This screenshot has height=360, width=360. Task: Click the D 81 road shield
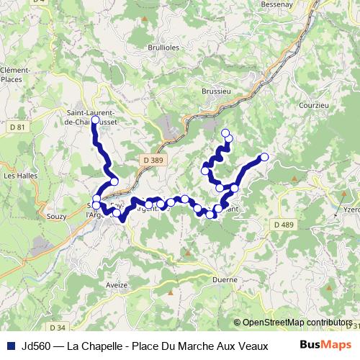pyautogui.click(x=17, y=127)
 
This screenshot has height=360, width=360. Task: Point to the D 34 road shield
pyautogui.click(x=59, y=307)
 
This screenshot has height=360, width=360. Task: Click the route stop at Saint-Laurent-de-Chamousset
pyautogui.click(x=94, y=120)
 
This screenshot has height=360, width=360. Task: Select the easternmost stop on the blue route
pyautogui.click(x=264, y=157)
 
